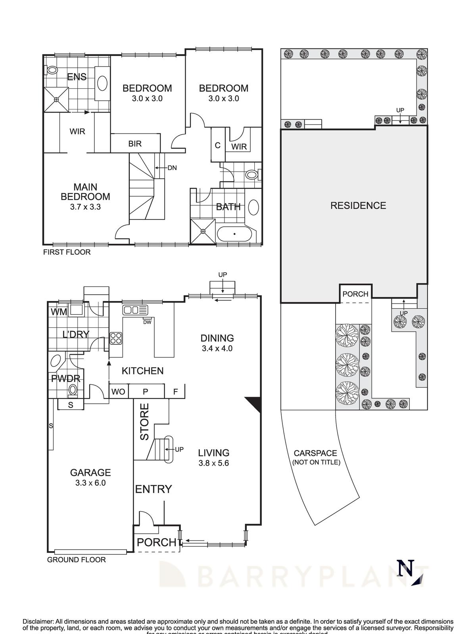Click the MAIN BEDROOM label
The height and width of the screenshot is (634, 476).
point(85,192)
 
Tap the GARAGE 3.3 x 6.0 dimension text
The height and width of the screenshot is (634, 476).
point(90,483)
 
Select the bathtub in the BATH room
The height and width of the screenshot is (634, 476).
point(234,234)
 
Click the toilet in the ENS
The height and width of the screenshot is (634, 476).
point(52,71)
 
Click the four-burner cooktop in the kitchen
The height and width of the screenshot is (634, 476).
point(116,338)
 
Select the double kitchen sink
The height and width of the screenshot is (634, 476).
point(135,309)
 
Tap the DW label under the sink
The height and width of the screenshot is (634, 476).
point(148,322)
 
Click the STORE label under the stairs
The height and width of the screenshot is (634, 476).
point(144,421)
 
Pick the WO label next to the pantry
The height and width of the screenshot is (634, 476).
point(118,392)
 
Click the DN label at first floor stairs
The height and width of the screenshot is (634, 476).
point(172,168)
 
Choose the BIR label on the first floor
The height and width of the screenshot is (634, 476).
point(135,143)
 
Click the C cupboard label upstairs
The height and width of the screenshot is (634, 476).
point(217,145)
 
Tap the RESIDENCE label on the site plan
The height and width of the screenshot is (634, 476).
point(358,205)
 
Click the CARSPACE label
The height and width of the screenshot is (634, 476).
point(315,453)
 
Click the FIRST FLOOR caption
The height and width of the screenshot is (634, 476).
point(67,252)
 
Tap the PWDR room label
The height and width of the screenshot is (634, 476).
point(65,378)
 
